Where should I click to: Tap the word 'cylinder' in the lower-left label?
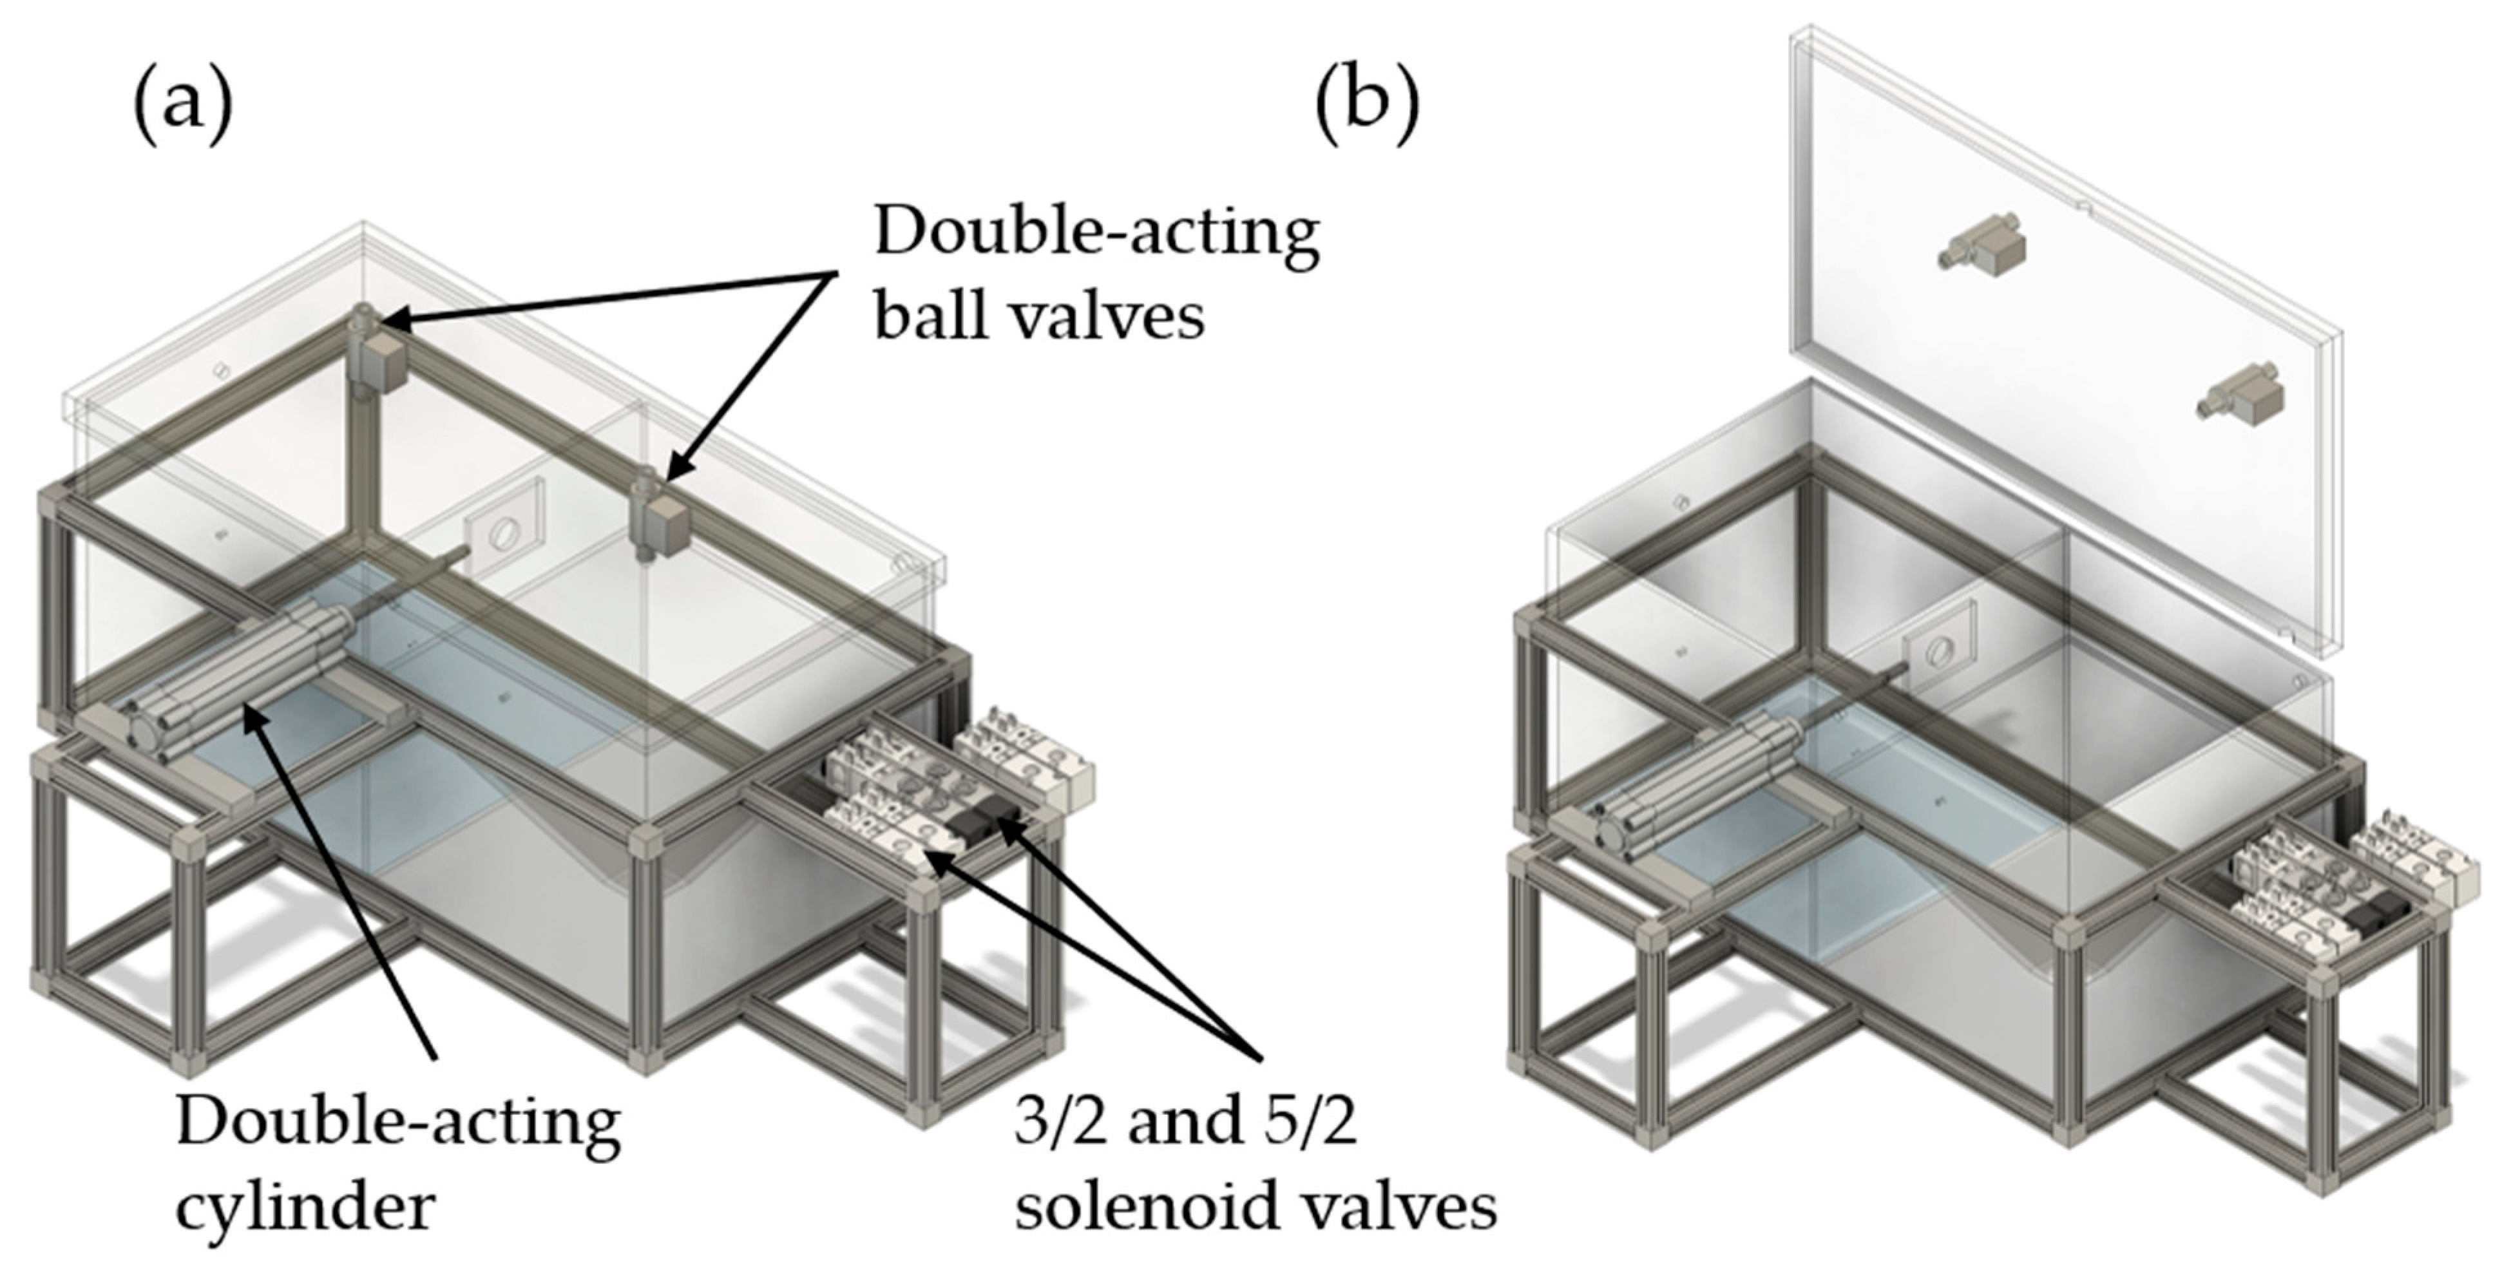point(305,1207)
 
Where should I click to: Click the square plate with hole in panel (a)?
point(503,531)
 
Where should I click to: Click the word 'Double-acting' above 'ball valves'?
point(1096,233)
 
